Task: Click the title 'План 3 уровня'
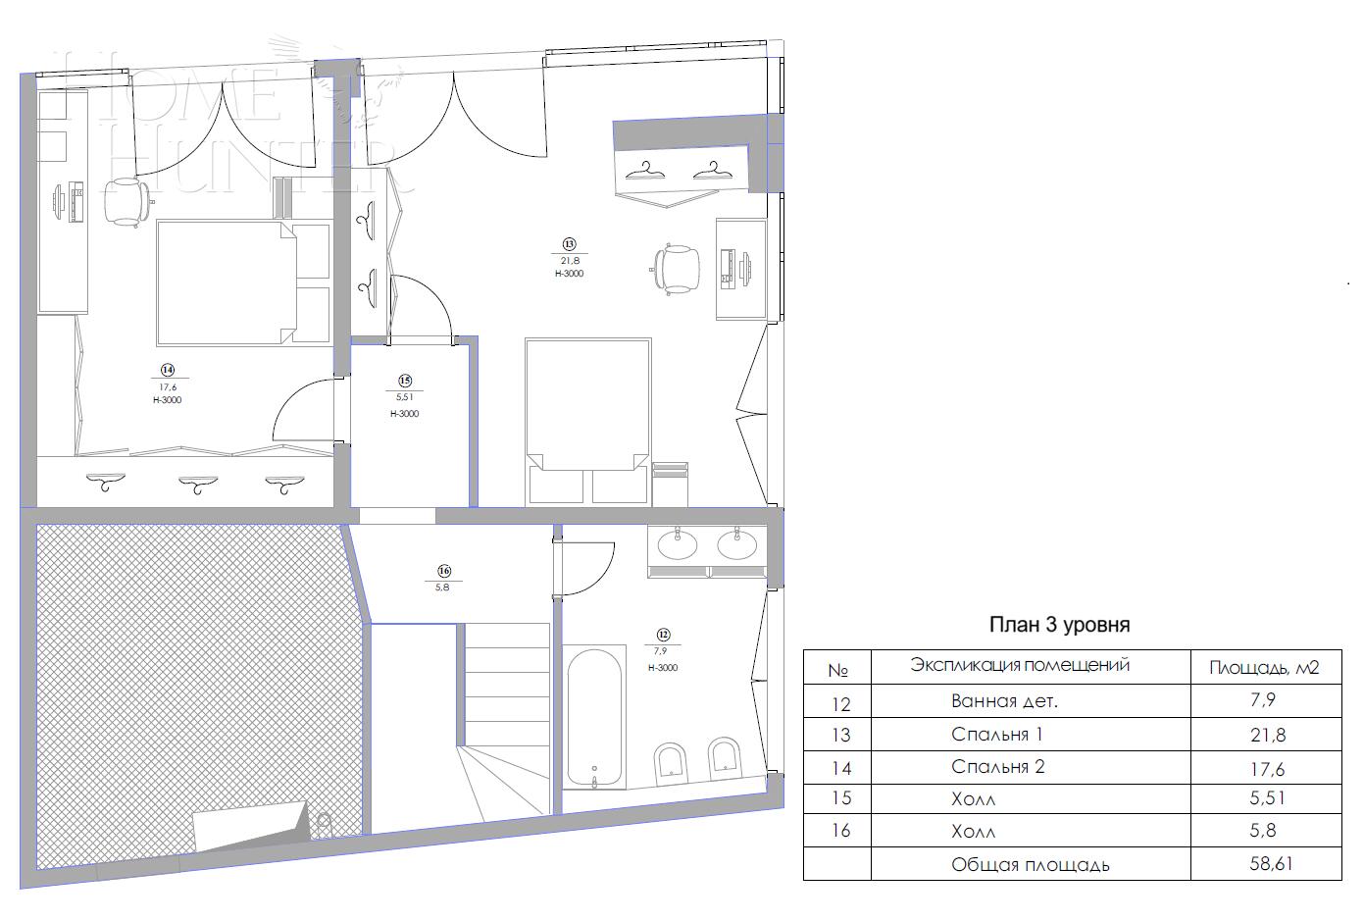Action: click(1059, 625)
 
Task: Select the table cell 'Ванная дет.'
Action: click(1004, 702)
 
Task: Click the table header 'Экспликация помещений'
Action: click(1020, 665)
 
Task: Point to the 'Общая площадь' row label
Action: click(1030, 865)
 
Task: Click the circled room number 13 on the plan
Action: click(569, 244)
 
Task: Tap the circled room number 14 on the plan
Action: click(168, 370)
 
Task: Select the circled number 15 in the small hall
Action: click(404, 381)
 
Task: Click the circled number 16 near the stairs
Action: click(443, 570)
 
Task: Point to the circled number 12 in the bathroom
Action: click(663, 634)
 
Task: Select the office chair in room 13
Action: click(678, 267)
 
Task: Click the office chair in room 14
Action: click(126, 201)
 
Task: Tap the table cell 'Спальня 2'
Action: click(997, 767)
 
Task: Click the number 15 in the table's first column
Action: click(839, 799)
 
